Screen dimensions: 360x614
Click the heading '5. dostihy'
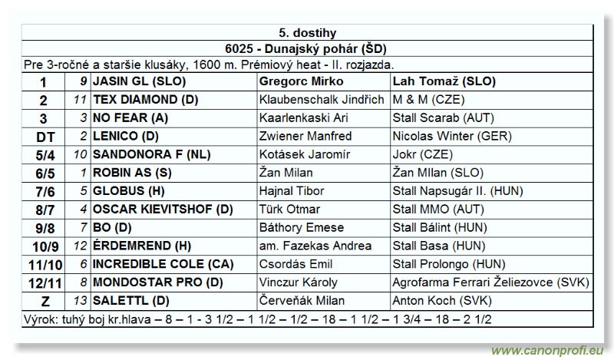(306, 32)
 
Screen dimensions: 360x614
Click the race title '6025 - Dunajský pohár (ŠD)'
(306, 49)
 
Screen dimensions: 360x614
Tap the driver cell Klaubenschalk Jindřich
(322, 100)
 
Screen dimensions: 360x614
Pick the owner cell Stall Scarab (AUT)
(443, 118)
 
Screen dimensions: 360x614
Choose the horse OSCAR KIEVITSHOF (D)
(163, 210)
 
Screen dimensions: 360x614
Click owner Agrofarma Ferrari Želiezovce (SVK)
(490, 283)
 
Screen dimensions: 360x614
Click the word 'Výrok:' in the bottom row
(42, 319)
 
